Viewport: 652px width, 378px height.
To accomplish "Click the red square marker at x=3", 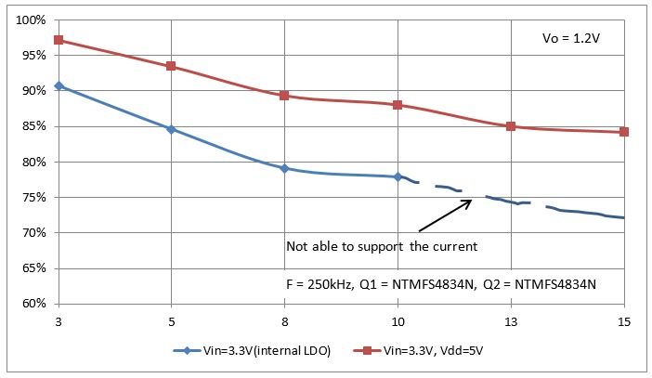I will tap(59, 40).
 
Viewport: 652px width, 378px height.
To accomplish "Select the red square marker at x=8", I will tap(284, 96).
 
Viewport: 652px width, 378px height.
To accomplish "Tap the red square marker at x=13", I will tap(511, 126).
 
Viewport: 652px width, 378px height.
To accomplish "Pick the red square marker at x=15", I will tap(624, 132).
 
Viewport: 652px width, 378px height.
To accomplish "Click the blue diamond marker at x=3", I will tap(59, 85).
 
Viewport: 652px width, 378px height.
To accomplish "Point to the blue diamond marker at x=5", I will tap(171, 129).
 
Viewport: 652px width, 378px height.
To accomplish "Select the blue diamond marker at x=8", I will tap(284, 168).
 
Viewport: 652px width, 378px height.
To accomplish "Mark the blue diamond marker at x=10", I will tap(398, 176).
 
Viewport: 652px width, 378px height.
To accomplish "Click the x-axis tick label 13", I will tap(511, 321).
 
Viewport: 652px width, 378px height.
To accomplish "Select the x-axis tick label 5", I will tap(171, 321).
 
